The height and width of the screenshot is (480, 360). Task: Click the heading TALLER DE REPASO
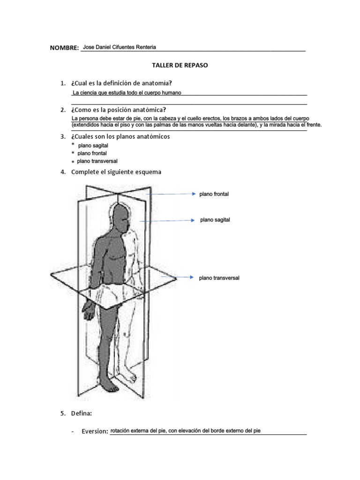[x=180, y=65]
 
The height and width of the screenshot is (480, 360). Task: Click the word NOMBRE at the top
[x=64, y=48]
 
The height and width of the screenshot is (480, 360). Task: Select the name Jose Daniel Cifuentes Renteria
[x=119, y=47]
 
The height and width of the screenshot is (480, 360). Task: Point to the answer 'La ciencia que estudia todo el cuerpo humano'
[x=127, y=93]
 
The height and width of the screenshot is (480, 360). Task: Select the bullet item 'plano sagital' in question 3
[x=93, y=146]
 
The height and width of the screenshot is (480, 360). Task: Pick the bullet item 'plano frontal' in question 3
[x=92, y=153]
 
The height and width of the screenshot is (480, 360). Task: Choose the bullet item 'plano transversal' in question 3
[x=97, y=161]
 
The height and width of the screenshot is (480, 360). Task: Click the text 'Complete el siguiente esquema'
[x=116, y=172]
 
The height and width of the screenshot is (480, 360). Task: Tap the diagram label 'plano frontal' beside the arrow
[x=214, y=194]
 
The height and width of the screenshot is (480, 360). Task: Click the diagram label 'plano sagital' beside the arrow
[x=215, y=219]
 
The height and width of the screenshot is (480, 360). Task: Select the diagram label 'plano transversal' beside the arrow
[x=219, y=278]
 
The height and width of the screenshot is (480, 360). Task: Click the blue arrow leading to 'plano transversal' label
[x=176, y=277]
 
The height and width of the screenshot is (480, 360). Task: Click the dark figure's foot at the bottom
[x=111, y=386]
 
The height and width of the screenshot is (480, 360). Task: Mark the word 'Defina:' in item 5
[x=82, y=413]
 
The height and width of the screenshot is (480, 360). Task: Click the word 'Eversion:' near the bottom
[x=95, y=431]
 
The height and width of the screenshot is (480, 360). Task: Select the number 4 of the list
[x=62, y=172]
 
